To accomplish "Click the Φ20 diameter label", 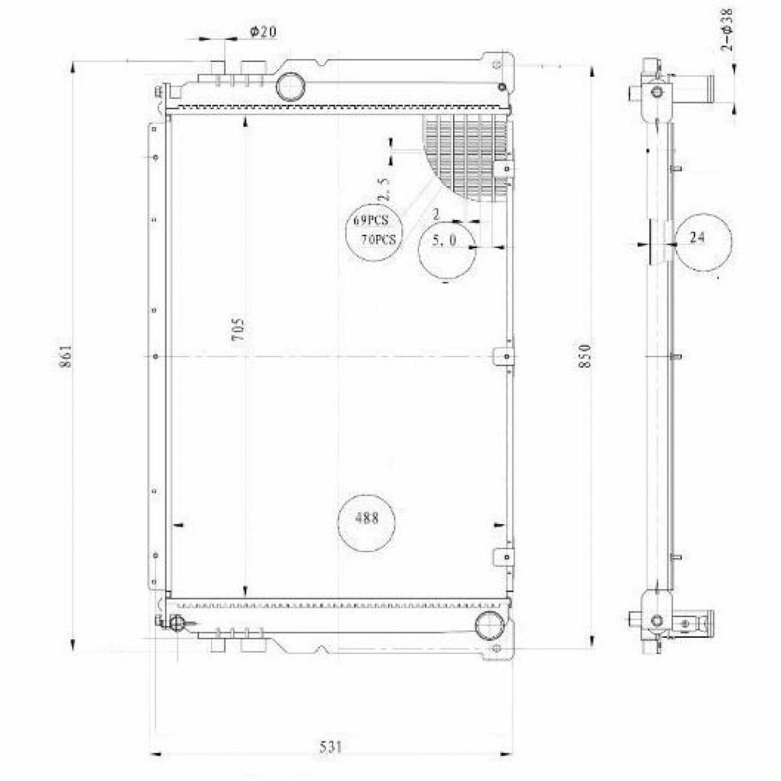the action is pos(263,32).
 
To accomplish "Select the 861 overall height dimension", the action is pos(66,356).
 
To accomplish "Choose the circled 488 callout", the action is pos(366,523).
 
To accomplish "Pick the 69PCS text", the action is pos(370,220).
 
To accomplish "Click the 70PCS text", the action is pos(378,240).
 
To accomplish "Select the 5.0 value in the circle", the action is pos(445,241).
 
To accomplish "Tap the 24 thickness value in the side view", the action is pos(696,238).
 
